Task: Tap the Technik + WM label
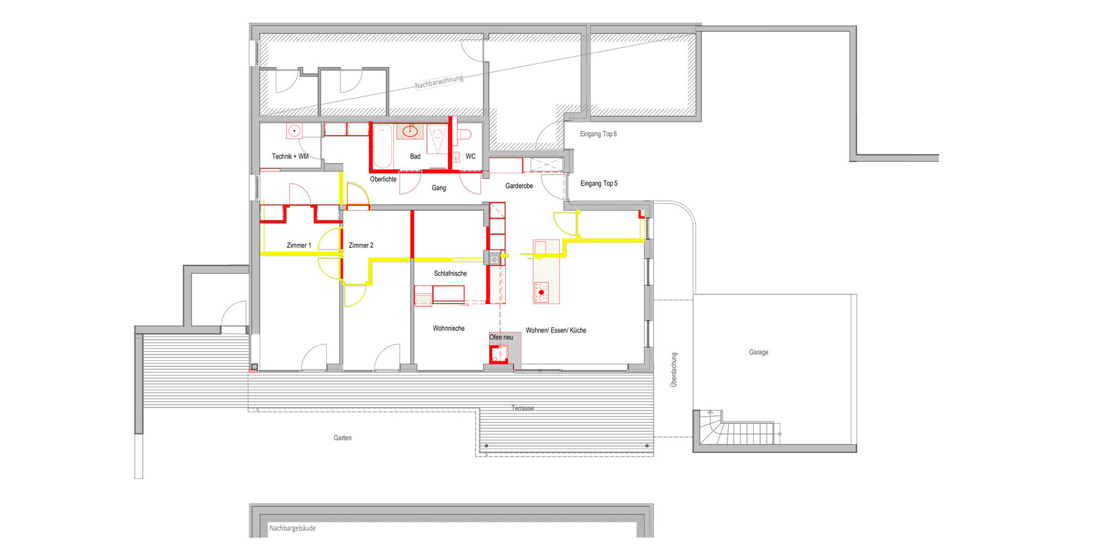point(290,157)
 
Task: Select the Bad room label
point(415,157)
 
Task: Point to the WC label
point(471,157)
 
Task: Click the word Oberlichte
point(383,179)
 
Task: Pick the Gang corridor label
point(439,188)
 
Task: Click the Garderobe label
point(519,186)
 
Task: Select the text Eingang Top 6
point(598,134)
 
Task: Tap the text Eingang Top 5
point(599,184)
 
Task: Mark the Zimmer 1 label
point(299,246)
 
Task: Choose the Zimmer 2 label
point(361,246)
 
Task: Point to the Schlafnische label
point(450,274)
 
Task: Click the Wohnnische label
point(449,329)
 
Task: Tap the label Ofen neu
point(501,337)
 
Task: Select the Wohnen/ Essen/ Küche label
point(556,331)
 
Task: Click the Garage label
point(759,353)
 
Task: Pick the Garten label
point(343,438)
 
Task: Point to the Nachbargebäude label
point(292,528)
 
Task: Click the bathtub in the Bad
point(383,146)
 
